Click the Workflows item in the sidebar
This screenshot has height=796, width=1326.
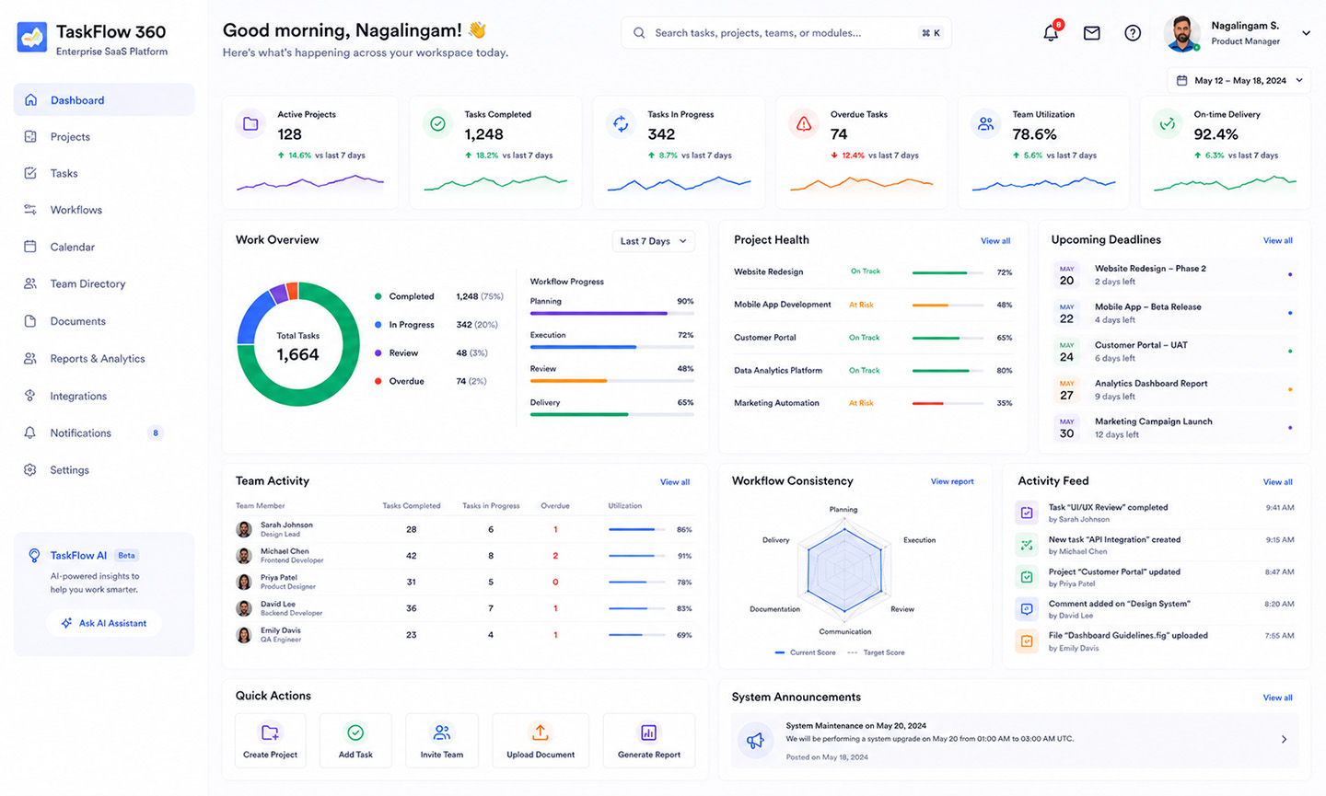[76, 210]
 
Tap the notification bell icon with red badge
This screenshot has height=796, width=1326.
[1052, 32]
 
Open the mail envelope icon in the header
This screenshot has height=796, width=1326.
[1091, 33]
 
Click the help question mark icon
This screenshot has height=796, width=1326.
[1133, 33]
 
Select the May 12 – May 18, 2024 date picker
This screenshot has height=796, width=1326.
[1239, 80]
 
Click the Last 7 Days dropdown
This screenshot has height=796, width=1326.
[653, 241]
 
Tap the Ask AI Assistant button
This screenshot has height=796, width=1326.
[103, 623]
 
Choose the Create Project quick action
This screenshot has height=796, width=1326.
[270, 741]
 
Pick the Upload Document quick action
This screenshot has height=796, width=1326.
[541, 741]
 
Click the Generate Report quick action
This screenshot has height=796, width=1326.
[649, 741]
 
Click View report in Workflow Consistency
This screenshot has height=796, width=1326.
[952, 481]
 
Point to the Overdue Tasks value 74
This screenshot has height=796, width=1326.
[839, 135]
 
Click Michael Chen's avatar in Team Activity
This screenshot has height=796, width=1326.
[244, 556]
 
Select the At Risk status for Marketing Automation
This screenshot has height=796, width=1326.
[861, 403]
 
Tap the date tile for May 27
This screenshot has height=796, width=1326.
[1066, 390]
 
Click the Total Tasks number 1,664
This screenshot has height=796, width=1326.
[297, 354]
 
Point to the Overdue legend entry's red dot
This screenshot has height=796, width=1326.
[378, 382]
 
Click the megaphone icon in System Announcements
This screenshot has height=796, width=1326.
[755, 741]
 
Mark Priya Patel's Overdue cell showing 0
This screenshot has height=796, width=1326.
[555, 582]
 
